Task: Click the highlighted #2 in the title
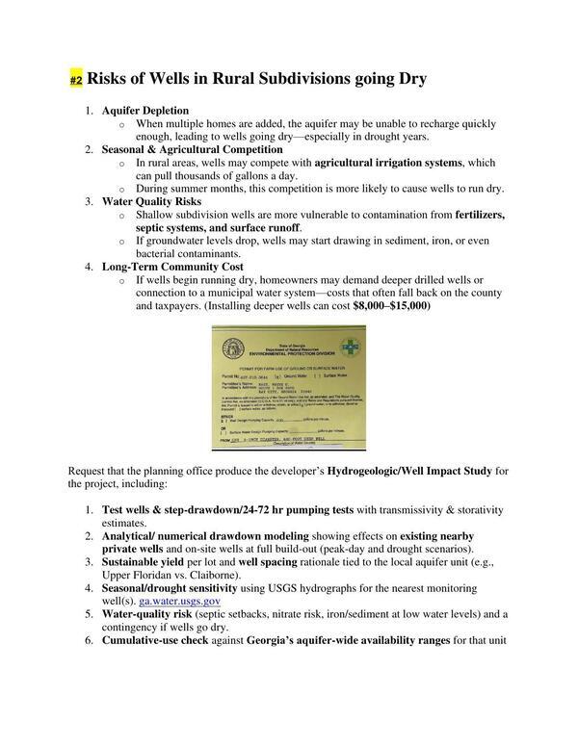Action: pos(76,79)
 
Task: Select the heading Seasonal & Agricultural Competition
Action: pos(189,150)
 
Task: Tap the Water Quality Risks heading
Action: pos(151,201)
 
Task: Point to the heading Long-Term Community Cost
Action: pos(172,266)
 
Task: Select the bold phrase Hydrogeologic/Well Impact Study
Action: pos(409,470)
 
